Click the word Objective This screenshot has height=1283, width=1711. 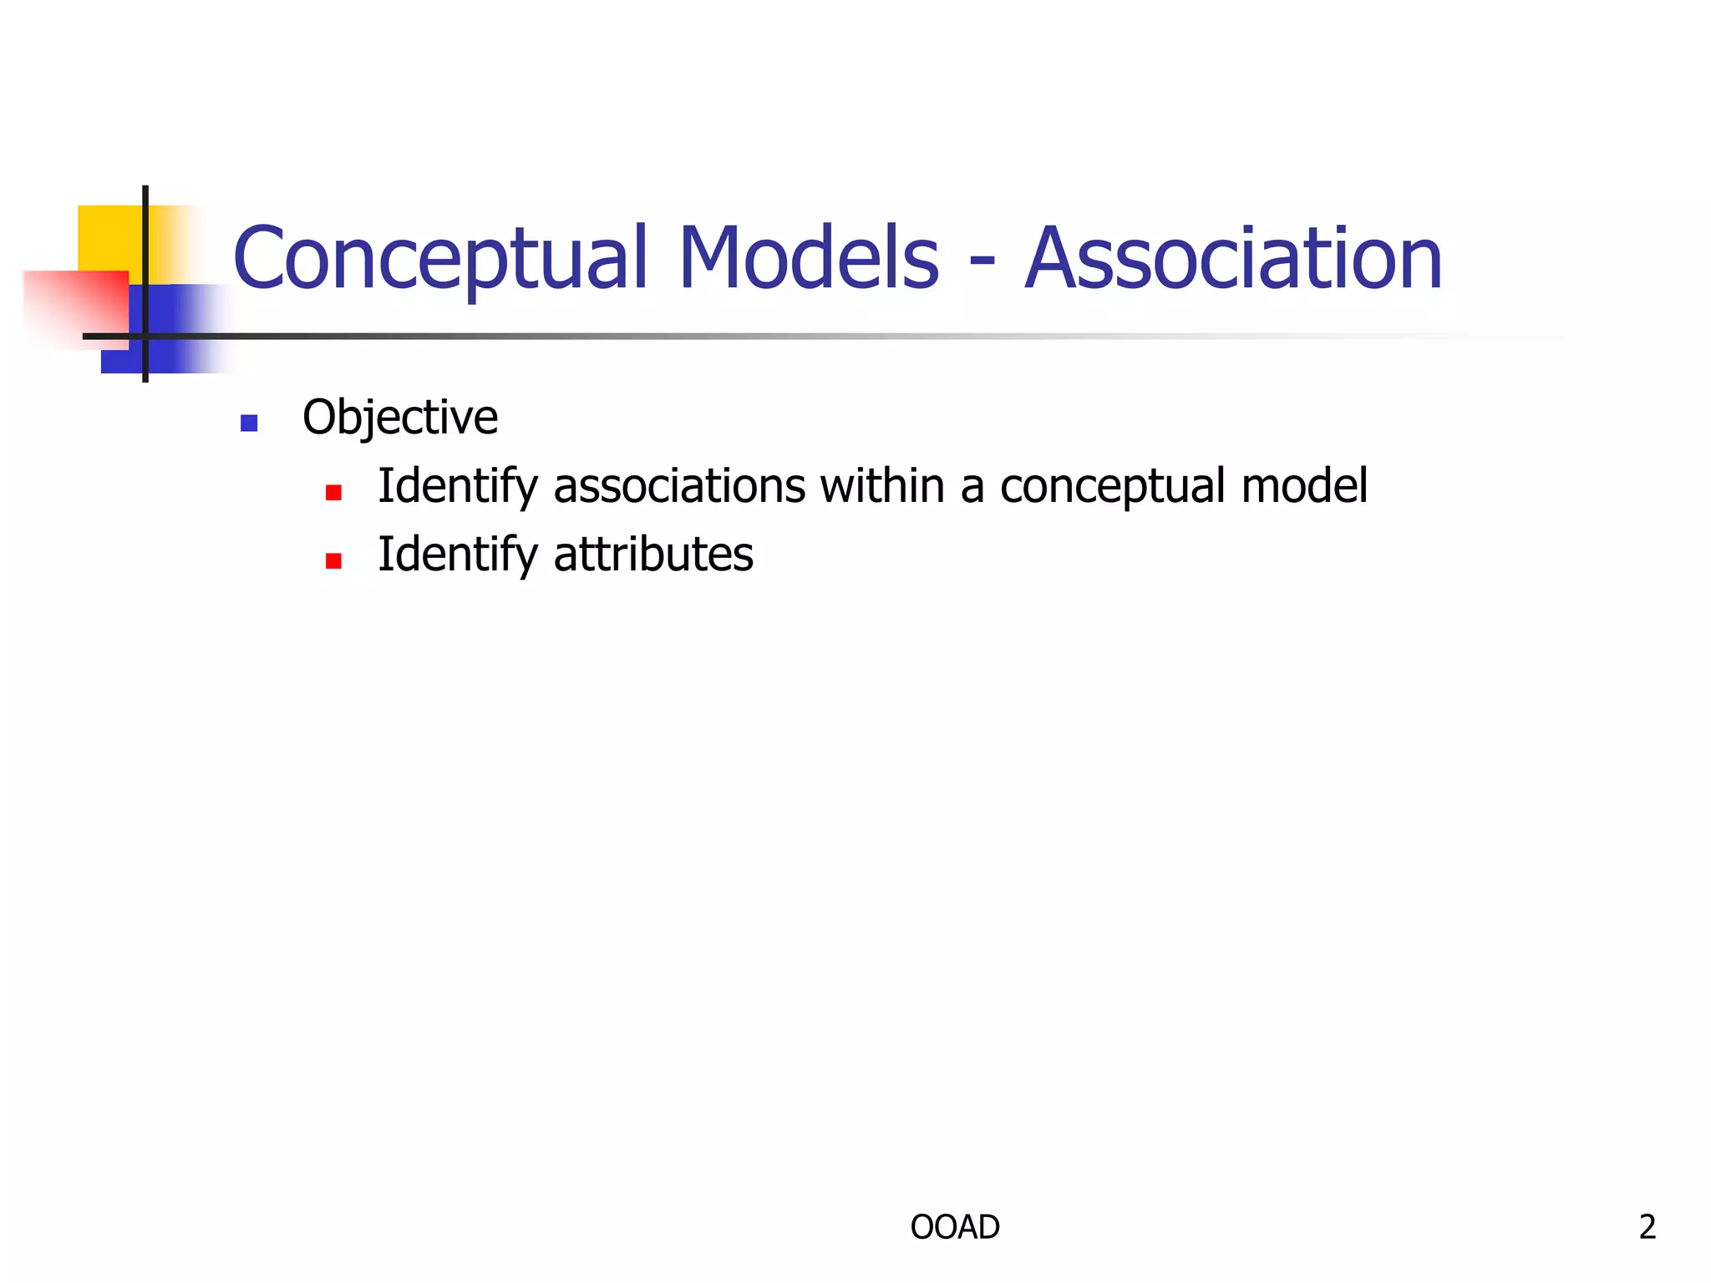coord(399,418)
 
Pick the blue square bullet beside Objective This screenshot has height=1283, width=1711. coord(248,423)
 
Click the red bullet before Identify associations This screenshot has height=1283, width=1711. coord(333,492)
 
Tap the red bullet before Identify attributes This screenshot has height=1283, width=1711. coord(333,560)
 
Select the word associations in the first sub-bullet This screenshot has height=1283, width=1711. coord(679,486)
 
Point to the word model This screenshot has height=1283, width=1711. coord(1304,486)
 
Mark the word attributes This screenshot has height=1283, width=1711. coord(653,555)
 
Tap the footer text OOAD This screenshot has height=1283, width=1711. coord(955,1227)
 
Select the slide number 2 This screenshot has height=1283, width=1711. coord(1647,1227)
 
